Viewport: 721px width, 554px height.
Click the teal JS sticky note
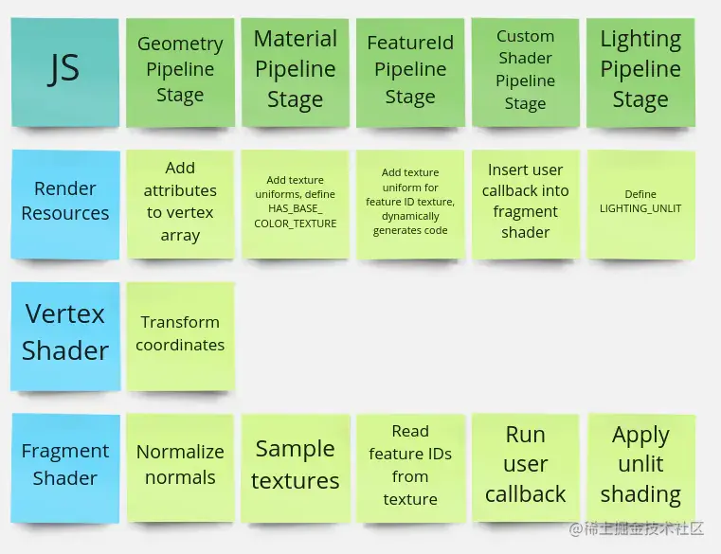64,72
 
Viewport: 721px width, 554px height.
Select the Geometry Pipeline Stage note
180,72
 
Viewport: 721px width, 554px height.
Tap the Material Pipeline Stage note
296,72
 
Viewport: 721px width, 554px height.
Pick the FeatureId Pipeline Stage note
410,72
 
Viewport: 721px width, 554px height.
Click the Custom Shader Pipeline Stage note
525,72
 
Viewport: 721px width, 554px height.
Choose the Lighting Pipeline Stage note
640,72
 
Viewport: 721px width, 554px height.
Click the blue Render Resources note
64,205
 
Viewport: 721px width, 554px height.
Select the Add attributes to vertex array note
180,205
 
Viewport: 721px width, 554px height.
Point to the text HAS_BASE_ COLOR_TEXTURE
296,216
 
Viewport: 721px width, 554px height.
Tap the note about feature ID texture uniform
410,205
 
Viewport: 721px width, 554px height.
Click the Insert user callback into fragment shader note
525,205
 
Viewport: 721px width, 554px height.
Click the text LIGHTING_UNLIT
640,208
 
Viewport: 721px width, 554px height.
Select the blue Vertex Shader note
65,336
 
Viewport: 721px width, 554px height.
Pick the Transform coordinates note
180,336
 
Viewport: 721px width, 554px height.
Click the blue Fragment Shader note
64,468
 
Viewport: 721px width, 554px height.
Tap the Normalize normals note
180,468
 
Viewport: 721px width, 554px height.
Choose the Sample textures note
296,468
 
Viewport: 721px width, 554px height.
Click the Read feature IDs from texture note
410,468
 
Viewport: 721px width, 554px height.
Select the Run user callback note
525,468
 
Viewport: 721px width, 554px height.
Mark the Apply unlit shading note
641,468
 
